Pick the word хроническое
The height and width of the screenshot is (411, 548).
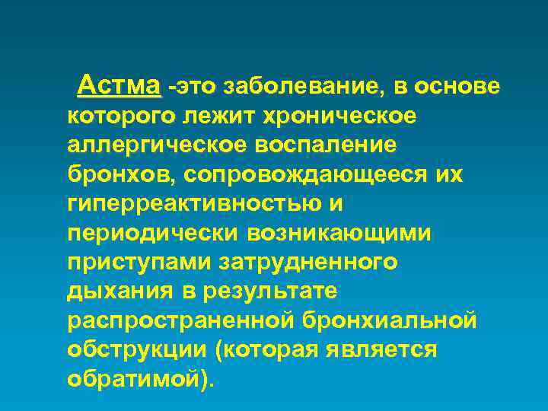tap(338, 116)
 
